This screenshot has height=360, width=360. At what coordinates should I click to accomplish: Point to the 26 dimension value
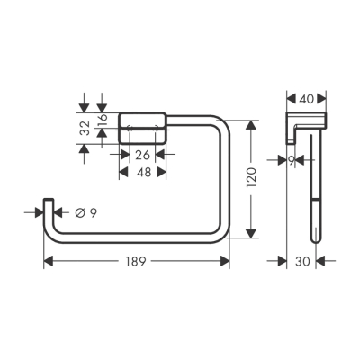click(141, 154)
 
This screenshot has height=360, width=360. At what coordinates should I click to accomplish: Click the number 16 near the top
click(103, 118)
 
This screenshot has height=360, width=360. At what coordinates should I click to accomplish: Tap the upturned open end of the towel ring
click(49, 205)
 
